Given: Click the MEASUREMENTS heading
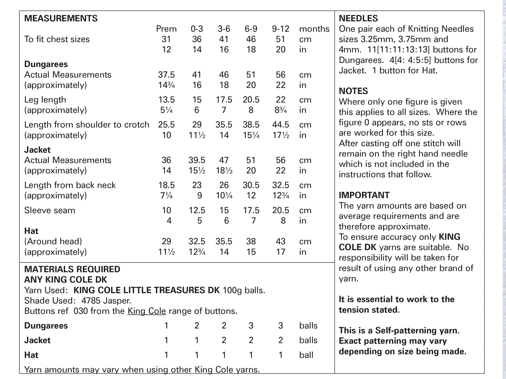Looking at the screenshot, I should pyautogui.click(x=61, y=18).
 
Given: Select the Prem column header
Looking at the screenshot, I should pyautogui.click(x=166, y=29).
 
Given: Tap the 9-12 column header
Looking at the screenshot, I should pyautogui.click(x=280, y=29).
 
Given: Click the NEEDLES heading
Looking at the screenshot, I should pyautogui.click(x=358, y=18).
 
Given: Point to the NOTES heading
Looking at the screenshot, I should pyautogui.click(x=353, y=91).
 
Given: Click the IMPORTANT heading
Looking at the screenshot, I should pyautogui.click(x=364, y=195).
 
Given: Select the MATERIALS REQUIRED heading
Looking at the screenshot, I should pyautogui.click(x=72, y=269).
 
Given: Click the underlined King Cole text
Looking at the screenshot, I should pyautogui.click(x=146, y=311).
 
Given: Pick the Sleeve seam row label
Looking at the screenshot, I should pyautogui.click(x=49, y=210).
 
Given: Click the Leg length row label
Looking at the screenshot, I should pyautogui.click(x=45, y=100).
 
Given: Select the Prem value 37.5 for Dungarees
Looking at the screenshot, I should pyautogui.click(x=166, y=75).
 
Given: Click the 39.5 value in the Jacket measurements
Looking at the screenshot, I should pyautogui.click(x=196, y=160).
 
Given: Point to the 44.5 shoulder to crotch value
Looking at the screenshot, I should pyautogui.click(x=280, y=125).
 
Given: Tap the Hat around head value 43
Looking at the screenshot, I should pyautogui.click(x=280, y=241).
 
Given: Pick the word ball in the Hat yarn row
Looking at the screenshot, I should pyautogui.click(x=306, y=355).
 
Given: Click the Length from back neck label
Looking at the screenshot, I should pyautogui.click(x=70, y=185).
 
